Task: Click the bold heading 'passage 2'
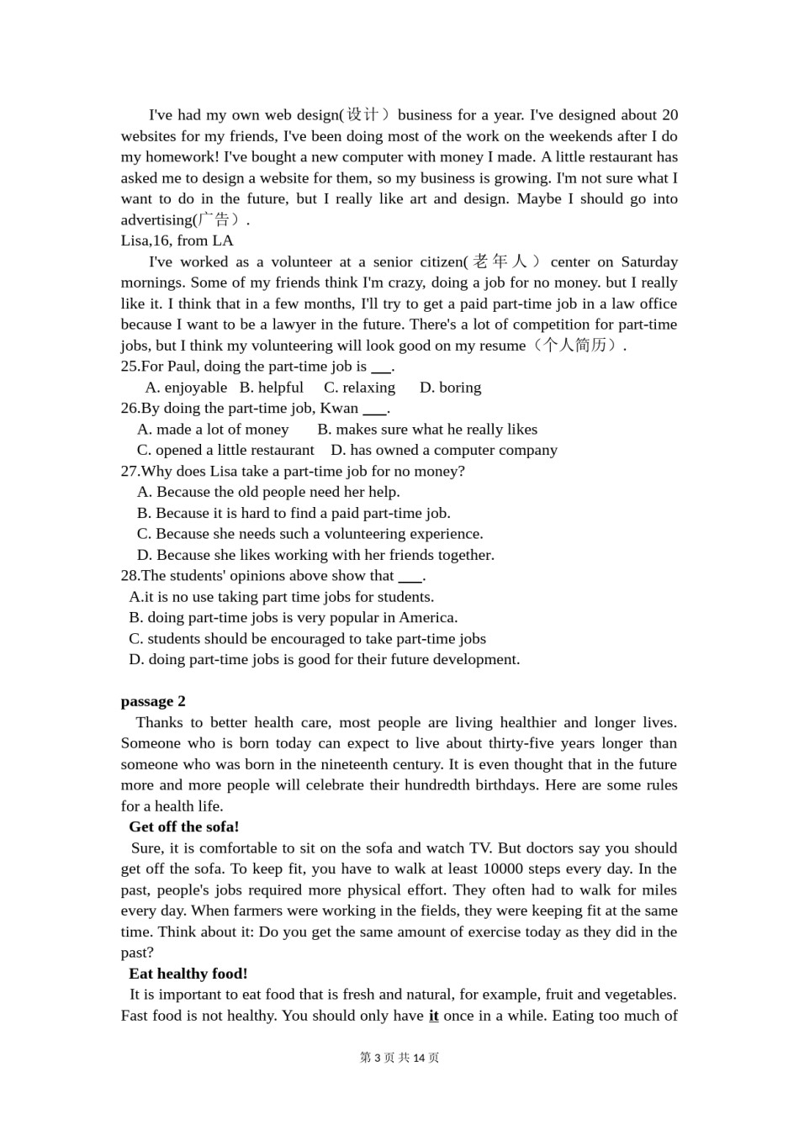(x=153, y=701)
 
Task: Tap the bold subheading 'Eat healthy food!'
(x=188, y=974)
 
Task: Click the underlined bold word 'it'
(x=433, y=1016)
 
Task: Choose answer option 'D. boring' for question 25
(x=450, y=388)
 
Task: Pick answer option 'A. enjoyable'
(x=186, y=388)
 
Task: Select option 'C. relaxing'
(x=359, y=388)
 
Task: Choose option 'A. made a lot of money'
(x=213, y=430)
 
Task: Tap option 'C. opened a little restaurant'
(x=225, y=451)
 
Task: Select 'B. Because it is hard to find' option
(x=294, y=513)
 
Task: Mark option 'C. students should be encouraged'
(x=307, y=639)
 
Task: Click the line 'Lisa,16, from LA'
(x=177, y=240)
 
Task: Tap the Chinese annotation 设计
(x=362, y=115)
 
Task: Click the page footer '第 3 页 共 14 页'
(x=399, y=1058)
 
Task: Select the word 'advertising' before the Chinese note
(x=156, y=220)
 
